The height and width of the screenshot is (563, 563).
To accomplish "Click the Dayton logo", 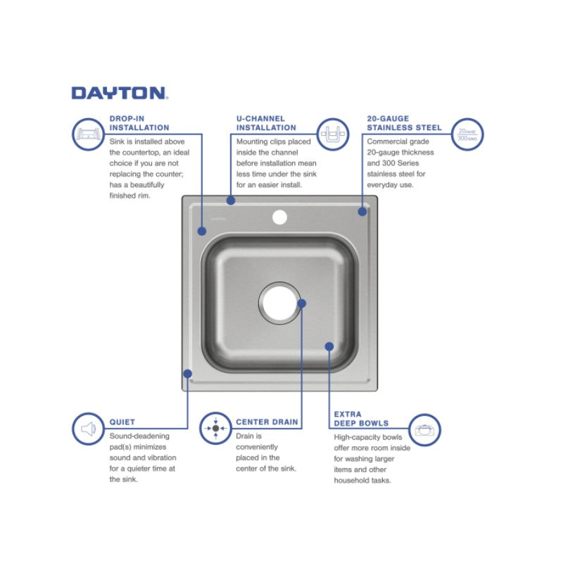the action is click(x=120, y=93).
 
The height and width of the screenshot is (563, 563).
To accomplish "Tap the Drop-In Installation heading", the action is click(x=139, y=123).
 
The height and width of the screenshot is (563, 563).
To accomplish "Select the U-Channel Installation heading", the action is click(x=266, y=123).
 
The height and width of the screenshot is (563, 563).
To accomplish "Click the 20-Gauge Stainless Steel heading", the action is click(x=404, y=123).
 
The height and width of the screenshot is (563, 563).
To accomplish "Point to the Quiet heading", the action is click(x=122, y=422).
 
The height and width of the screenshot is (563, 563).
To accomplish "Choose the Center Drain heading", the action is click(x=267, y=422).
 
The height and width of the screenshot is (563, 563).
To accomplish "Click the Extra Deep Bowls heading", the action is click(x=361, y=419).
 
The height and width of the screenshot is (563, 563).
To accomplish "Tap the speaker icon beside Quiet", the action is click(x=89, y=429).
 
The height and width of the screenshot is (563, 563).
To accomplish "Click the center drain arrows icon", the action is click(x=215, y=429).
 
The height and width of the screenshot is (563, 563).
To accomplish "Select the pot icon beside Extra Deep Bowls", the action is click(x=425, y=430).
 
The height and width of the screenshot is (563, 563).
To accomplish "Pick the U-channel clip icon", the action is click(x=333, y=134).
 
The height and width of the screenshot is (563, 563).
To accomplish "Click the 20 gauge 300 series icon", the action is click(x=467, y=134).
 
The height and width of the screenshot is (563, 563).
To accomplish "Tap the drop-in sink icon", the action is click(x=89, y=134).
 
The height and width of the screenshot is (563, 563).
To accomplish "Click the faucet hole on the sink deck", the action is click(x=279, y=217).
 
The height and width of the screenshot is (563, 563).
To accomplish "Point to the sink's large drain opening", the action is click(x=279, y=303).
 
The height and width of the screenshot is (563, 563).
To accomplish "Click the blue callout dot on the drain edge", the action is click(x=302, y=303).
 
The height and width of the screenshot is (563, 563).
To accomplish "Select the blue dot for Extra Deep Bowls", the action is click(x=329, y=346).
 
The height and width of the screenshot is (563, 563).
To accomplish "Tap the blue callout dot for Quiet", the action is click(x=187, y=374).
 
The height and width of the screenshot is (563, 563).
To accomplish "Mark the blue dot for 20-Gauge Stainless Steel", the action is click(x=362, y=212).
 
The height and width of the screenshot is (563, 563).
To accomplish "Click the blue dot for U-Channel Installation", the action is click(x=231, y=201).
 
